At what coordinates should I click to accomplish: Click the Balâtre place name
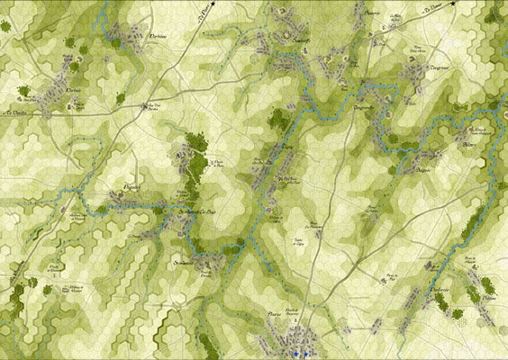click(x=467, y=143)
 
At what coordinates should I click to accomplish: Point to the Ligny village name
click(x=288, y=144)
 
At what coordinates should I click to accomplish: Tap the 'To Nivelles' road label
click(x=14, y=112)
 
